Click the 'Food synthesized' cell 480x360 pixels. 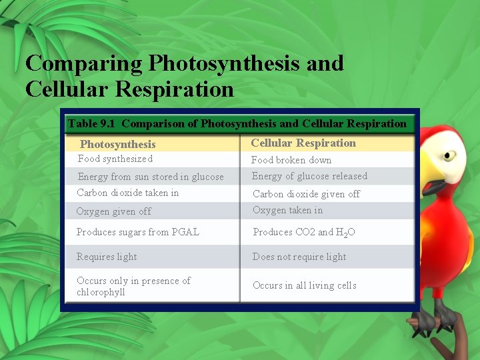point(115,159)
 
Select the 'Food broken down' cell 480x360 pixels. point(291,160)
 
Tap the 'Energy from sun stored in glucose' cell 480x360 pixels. point(151,177)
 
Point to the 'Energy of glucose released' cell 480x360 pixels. point(309,176)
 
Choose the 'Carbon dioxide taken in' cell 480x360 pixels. point(128,193)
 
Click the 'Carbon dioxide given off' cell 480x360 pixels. point(306,194)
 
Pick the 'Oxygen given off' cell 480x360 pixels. point(114,211)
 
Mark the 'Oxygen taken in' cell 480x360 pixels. point(287,210)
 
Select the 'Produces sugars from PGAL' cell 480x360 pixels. point(138,232)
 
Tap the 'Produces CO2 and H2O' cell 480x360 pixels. point(303,232)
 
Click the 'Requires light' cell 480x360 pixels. point(107,257)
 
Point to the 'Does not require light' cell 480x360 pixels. point(299,257)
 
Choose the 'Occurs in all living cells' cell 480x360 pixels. point(304,285)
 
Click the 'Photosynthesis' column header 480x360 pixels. point(118,144)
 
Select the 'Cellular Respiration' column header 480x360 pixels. point(303,143)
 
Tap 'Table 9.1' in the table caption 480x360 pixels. point(92,123)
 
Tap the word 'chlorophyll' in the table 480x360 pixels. point(101,292)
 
